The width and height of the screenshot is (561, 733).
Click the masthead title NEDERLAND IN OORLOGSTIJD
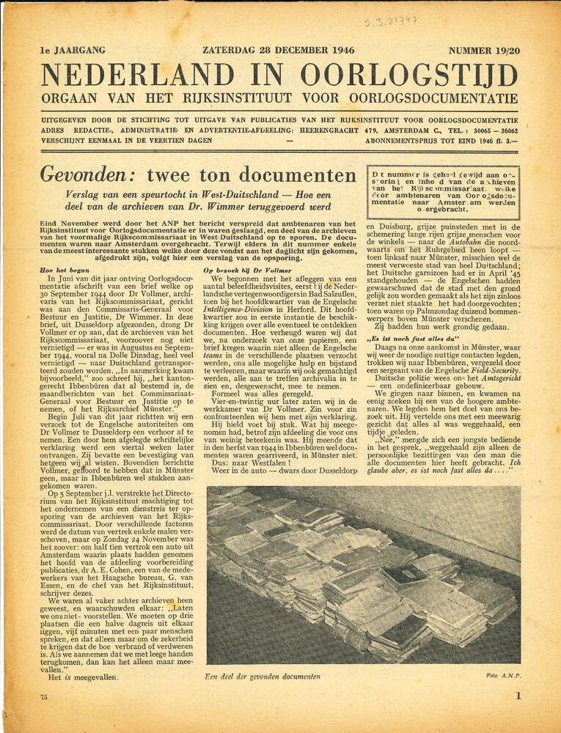click(x=279, y=75)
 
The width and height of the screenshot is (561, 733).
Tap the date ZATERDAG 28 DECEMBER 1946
click(x=279, y=51)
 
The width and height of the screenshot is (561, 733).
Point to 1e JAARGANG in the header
click(x=73, y=51)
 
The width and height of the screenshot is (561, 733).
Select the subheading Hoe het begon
click(x=65, y=270)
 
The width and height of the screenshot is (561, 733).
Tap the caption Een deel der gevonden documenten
click(x=263, y=676)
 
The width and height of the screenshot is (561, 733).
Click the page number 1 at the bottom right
click(x=518, y=696)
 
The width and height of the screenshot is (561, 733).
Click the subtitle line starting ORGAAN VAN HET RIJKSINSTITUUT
click(x=279, y=99)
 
